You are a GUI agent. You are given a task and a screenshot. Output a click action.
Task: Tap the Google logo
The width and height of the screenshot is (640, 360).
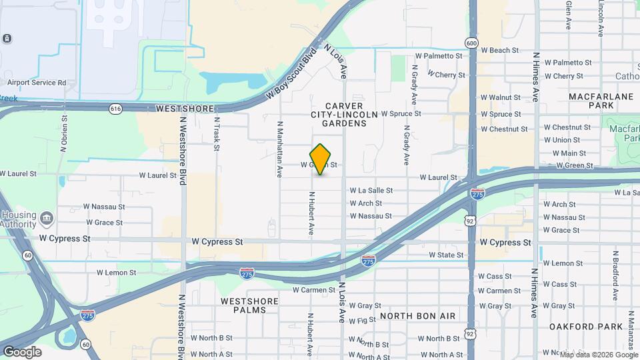[22, 351]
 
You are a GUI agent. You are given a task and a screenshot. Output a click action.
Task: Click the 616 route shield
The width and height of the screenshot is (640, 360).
[116, 108]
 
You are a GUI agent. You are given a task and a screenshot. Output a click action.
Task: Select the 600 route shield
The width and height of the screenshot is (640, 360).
[472, 43]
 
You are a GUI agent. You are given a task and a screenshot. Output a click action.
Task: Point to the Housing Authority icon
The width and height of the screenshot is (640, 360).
[47, 219]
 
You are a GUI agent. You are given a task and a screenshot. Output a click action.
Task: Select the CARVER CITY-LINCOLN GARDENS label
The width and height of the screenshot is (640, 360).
[344, 115]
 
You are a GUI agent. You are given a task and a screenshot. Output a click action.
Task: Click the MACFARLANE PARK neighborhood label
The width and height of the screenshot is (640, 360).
[600, 101]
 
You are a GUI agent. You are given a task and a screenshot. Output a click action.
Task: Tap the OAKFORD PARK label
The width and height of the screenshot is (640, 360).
[576, 327]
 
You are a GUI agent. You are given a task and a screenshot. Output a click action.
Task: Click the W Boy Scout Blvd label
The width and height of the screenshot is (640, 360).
[290, 73]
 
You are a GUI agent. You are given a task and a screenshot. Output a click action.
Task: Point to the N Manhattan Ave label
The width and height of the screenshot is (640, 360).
[280, 149]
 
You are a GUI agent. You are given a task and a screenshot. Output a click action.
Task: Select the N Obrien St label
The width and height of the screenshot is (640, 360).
[65, 133]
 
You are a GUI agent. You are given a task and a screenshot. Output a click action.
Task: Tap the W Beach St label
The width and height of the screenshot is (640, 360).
[499, 50]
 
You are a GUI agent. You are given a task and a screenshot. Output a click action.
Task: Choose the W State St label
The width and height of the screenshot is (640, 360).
[445, 255]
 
